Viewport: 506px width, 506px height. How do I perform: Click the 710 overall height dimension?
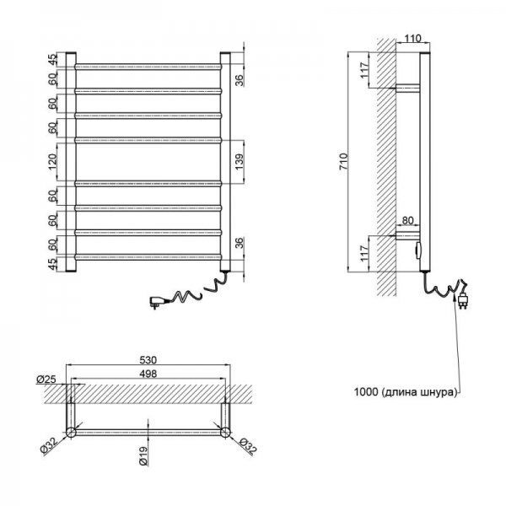(x=344, y=162)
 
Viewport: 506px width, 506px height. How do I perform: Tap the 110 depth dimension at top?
(x=412, y=39)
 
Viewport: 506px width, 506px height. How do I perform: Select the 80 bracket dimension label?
(x=408, y=220)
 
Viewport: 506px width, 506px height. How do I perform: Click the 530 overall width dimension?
(x=148, y=360)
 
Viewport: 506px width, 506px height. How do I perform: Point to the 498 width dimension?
(x=148, y=374)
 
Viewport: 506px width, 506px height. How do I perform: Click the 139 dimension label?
(x=240, y=162)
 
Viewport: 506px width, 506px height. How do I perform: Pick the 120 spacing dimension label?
(x=52, y=162)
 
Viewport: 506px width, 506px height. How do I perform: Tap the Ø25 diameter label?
(x=46, y=379)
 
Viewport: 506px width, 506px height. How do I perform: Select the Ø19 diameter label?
(x=144, y=455)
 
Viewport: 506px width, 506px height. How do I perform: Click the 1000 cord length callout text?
(x=406, y=392)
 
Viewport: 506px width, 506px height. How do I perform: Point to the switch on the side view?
(x=418, y=250)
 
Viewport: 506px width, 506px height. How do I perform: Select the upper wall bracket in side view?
(x=408, y=89)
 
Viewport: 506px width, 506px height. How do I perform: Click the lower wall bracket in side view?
(x=408, y=235)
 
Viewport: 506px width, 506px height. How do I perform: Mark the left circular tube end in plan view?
(x=71, y=432)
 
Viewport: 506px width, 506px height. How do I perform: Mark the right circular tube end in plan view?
(x=225, y=432)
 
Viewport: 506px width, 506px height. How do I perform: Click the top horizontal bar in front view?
(x=148, y=67)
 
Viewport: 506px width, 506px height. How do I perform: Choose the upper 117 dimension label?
(x=364, y=70)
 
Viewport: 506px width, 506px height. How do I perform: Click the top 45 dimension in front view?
(x=52, y=60)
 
